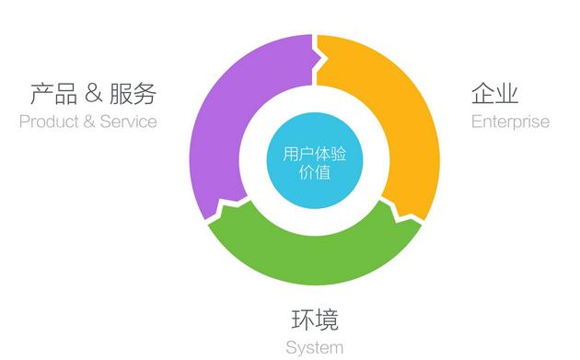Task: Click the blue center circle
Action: (302, 160)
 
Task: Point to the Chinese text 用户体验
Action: (302, 152)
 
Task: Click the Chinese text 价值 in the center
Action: (302, 172)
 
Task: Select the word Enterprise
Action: (509, 122)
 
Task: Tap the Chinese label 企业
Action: (494, 93)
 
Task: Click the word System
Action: (314, 347)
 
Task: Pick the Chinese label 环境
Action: (314, 319)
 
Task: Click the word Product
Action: (50, 122)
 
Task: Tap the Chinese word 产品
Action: (52, 93)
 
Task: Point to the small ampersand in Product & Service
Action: (88, 122)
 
